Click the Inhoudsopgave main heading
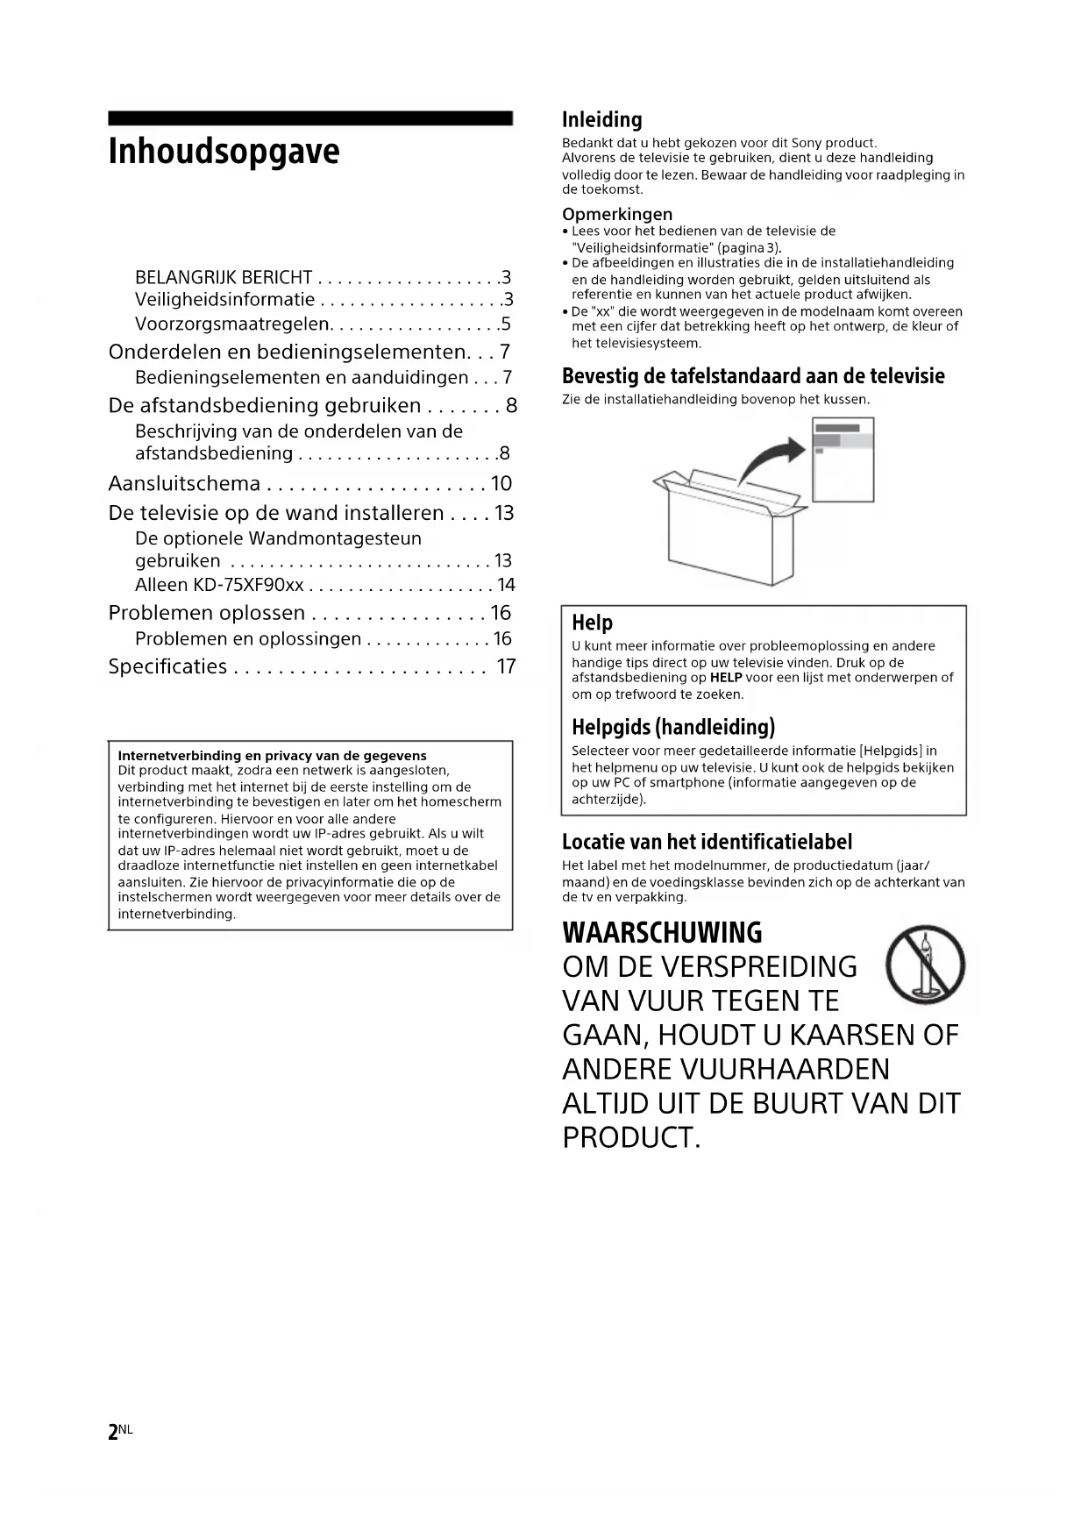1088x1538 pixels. coord(224,152)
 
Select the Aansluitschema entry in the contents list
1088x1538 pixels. coord(184,484)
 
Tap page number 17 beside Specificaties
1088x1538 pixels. coord(506,666)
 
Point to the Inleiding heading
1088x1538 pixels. coord(601,120)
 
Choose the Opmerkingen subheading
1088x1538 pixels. coord(617,214)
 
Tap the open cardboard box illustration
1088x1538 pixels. coord(728,530)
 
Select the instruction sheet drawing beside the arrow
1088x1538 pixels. coord(843,459)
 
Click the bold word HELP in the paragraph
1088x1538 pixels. coord(726,678)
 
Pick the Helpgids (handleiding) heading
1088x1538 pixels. coord(673,727)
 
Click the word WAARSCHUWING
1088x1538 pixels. coord(662,932)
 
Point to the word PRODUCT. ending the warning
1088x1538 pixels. coord(631,1138)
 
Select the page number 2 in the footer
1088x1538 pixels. coord(113,1433)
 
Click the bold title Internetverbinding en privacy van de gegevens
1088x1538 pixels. coord(272,755)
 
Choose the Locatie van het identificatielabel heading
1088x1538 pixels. coord(707,843)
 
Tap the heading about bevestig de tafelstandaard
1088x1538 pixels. coord(753,377)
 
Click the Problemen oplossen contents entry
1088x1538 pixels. coord(207,613)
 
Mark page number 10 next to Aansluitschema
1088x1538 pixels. coord(501,484)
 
